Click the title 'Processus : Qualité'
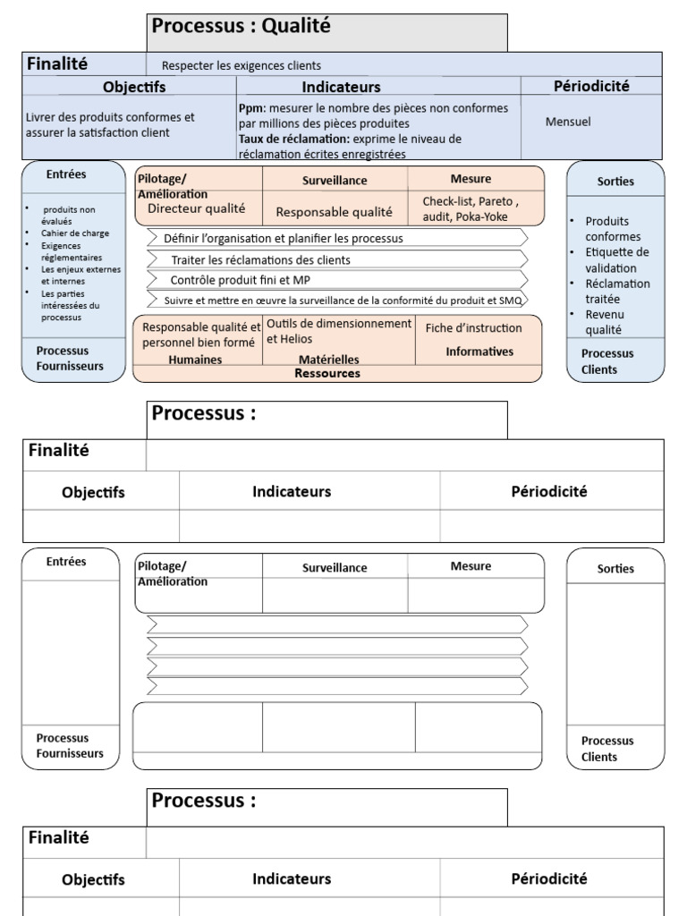coord(242,27)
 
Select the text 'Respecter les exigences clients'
coord(241,65)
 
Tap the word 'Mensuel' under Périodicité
coord(568,122)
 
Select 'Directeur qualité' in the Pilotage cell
coord(196,208)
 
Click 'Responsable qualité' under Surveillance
coord(334,212)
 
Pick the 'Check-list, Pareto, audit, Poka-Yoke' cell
coord(471,209)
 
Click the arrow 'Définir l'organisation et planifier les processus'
coord(284,239)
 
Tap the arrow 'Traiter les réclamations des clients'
coord(260,259)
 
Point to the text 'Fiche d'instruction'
coord(473,328)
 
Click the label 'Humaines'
coord(195,360)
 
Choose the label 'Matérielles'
coord(328,360)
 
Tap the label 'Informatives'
coord(479,352)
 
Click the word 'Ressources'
coord(327,374)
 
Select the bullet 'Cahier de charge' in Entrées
coord(75,233)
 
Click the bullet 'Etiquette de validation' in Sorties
coord(616,260)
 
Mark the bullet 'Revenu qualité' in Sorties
coord(604,322)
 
